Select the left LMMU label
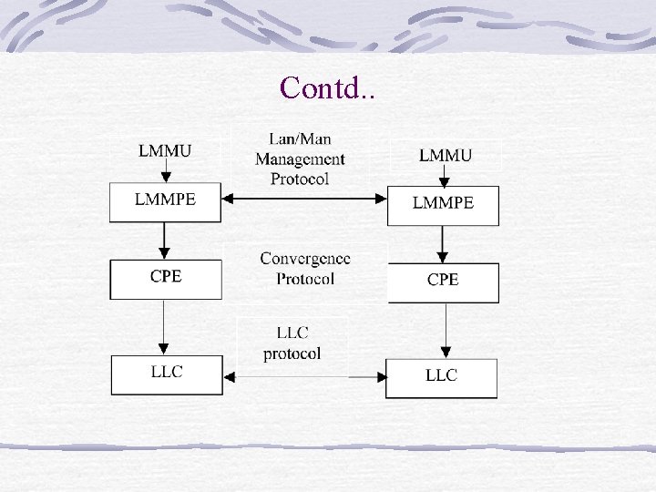(x=165, y=150)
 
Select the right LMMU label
(x=446, y=155)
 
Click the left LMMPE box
(x=165, y=201)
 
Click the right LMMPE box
(x=443, y=205)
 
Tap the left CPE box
(x=165, y=279)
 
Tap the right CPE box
(x=443, y=282)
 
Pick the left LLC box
(x=167, y=374)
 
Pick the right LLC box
(x=441, y=378)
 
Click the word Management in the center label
(x=300, y=159)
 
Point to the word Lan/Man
(x=300, y=139)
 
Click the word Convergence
(x=305, y=259)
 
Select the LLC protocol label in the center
(x=292, y=343)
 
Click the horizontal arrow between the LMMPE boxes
(x=304, y=197)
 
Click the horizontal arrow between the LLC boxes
(x=304, y=374)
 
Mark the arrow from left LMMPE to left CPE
(x=164, y=241)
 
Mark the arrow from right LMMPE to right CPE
(x=443, y=244)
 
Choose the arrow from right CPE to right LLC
(x=445, y=331)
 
